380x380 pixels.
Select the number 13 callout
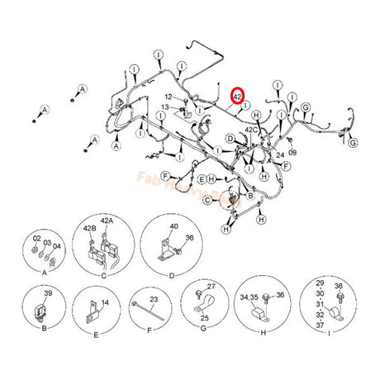coord(165,107)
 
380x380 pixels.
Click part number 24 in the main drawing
coord(280,154)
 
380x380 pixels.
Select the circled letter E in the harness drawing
coord(202,178)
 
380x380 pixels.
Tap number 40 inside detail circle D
coord(173,226)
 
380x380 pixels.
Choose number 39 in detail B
coord(48,295)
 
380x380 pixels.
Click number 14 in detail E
coord(104,303)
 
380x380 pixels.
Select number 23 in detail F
coord(154,299)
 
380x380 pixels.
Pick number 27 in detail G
coord(211,286)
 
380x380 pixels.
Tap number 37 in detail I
coord(320,325)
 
